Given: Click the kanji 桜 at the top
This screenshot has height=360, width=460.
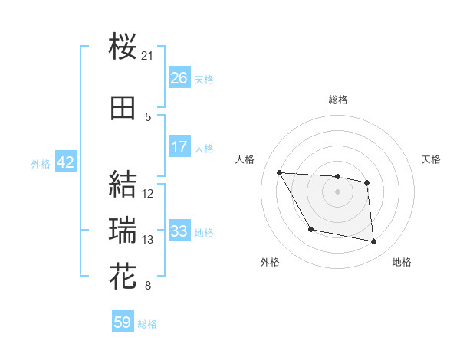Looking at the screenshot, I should click(x=123, y=47).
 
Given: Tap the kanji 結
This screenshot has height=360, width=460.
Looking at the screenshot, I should click(x=123, y=185).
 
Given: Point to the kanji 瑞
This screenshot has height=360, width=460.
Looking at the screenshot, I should click(x=123, y=231).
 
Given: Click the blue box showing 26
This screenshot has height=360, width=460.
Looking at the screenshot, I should click(x=179, y=77).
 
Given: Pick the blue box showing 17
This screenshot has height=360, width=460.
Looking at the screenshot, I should click(x=179, y=146).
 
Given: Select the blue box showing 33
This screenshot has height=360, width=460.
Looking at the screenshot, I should click(x=179, y=231).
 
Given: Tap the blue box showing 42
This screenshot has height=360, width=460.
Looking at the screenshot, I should click(x=64, y=162).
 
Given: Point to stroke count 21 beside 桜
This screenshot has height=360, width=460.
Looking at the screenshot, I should click(x=148, y=56).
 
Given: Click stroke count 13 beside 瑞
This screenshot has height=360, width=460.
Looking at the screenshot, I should click(x=148, y=240).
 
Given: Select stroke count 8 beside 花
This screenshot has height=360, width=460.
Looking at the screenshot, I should click(x=148, y=286).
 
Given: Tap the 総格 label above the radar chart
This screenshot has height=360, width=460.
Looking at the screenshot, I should click(x=338, y=100).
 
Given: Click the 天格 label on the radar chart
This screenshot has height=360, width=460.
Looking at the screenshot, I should click(x=432, y=159).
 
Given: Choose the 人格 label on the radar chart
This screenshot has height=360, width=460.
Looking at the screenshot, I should click(x=245, y=159).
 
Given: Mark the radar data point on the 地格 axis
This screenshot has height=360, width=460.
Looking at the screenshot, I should click(x=374, y=242).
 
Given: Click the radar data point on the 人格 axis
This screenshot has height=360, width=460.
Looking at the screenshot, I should click(x=279, y=172).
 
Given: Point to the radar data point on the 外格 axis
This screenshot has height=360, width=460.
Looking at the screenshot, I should click(x=310, y=229).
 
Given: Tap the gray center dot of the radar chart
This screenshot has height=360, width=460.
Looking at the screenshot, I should click(x=338, y=191).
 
